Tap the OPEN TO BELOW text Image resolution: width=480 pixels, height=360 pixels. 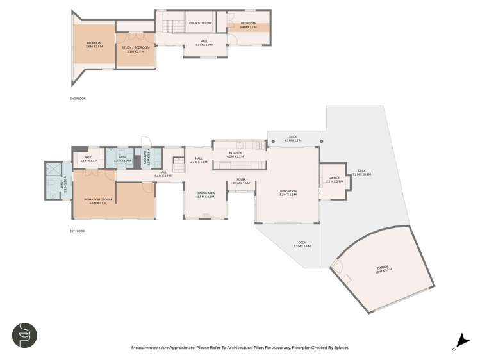pos(200,24)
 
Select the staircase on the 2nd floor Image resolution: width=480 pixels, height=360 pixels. pos(170,27)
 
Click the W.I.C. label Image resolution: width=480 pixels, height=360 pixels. pos(84,159)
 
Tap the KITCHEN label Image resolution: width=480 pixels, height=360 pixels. pos(235,154)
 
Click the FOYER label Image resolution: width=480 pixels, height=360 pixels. pos(241,181)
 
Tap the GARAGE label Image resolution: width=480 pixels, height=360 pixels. pos(383,268)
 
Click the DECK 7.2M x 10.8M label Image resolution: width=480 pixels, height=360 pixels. pos(362,172)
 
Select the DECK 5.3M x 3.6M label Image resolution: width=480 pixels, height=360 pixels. pos(302,244)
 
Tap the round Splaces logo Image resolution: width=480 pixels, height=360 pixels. pos(24,335)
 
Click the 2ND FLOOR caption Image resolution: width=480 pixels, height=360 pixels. pos(78,99)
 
